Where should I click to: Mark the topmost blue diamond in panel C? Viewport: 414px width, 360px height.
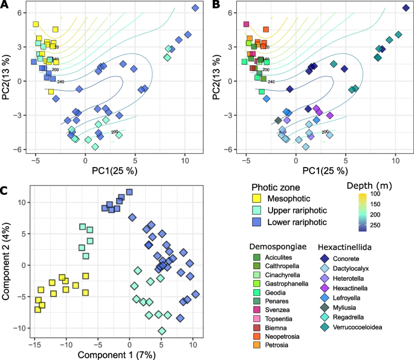click(x=129, y=192)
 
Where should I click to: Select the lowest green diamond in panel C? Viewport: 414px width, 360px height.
click(x=162, y=330)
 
